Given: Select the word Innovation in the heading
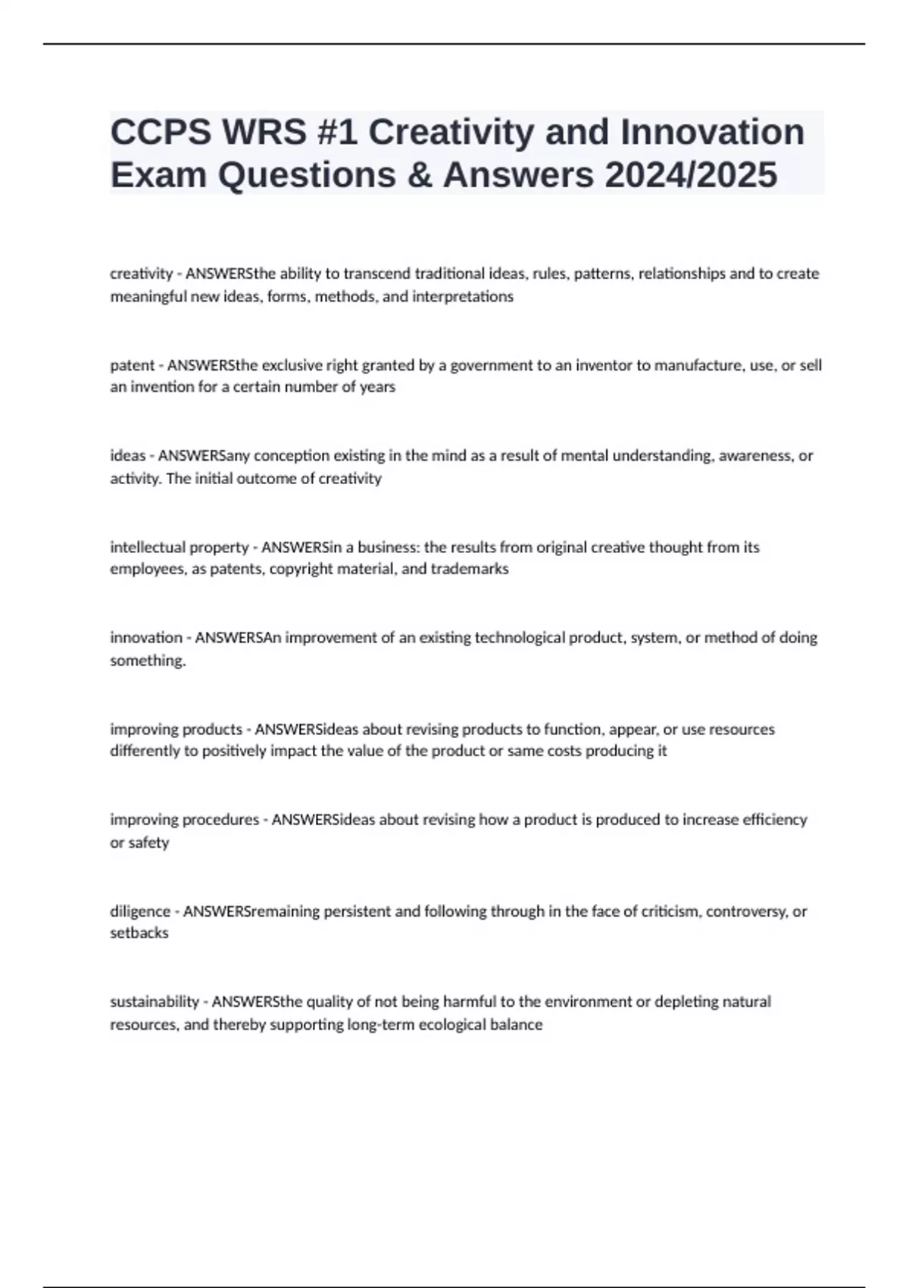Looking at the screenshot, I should click(x=712, y=133).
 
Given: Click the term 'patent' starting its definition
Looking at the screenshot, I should click(x=132, y=365).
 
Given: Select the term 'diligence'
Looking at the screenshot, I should click(x=140, y=911).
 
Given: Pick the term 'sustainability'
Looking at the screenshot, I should click(x=155, y=1002).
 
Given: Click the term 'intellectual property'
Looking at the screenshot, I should click(x=180, y=547).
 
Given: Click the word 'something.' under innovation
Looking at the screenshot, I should click(x=148, y=661).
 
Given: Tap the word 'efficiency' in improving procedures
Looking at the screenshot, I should click(x=764, y=820).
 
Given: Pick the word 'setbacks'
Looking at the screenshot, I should click(x=139, y=933).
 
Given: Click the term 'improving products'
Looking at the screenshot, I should click(x=176, y=729).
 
